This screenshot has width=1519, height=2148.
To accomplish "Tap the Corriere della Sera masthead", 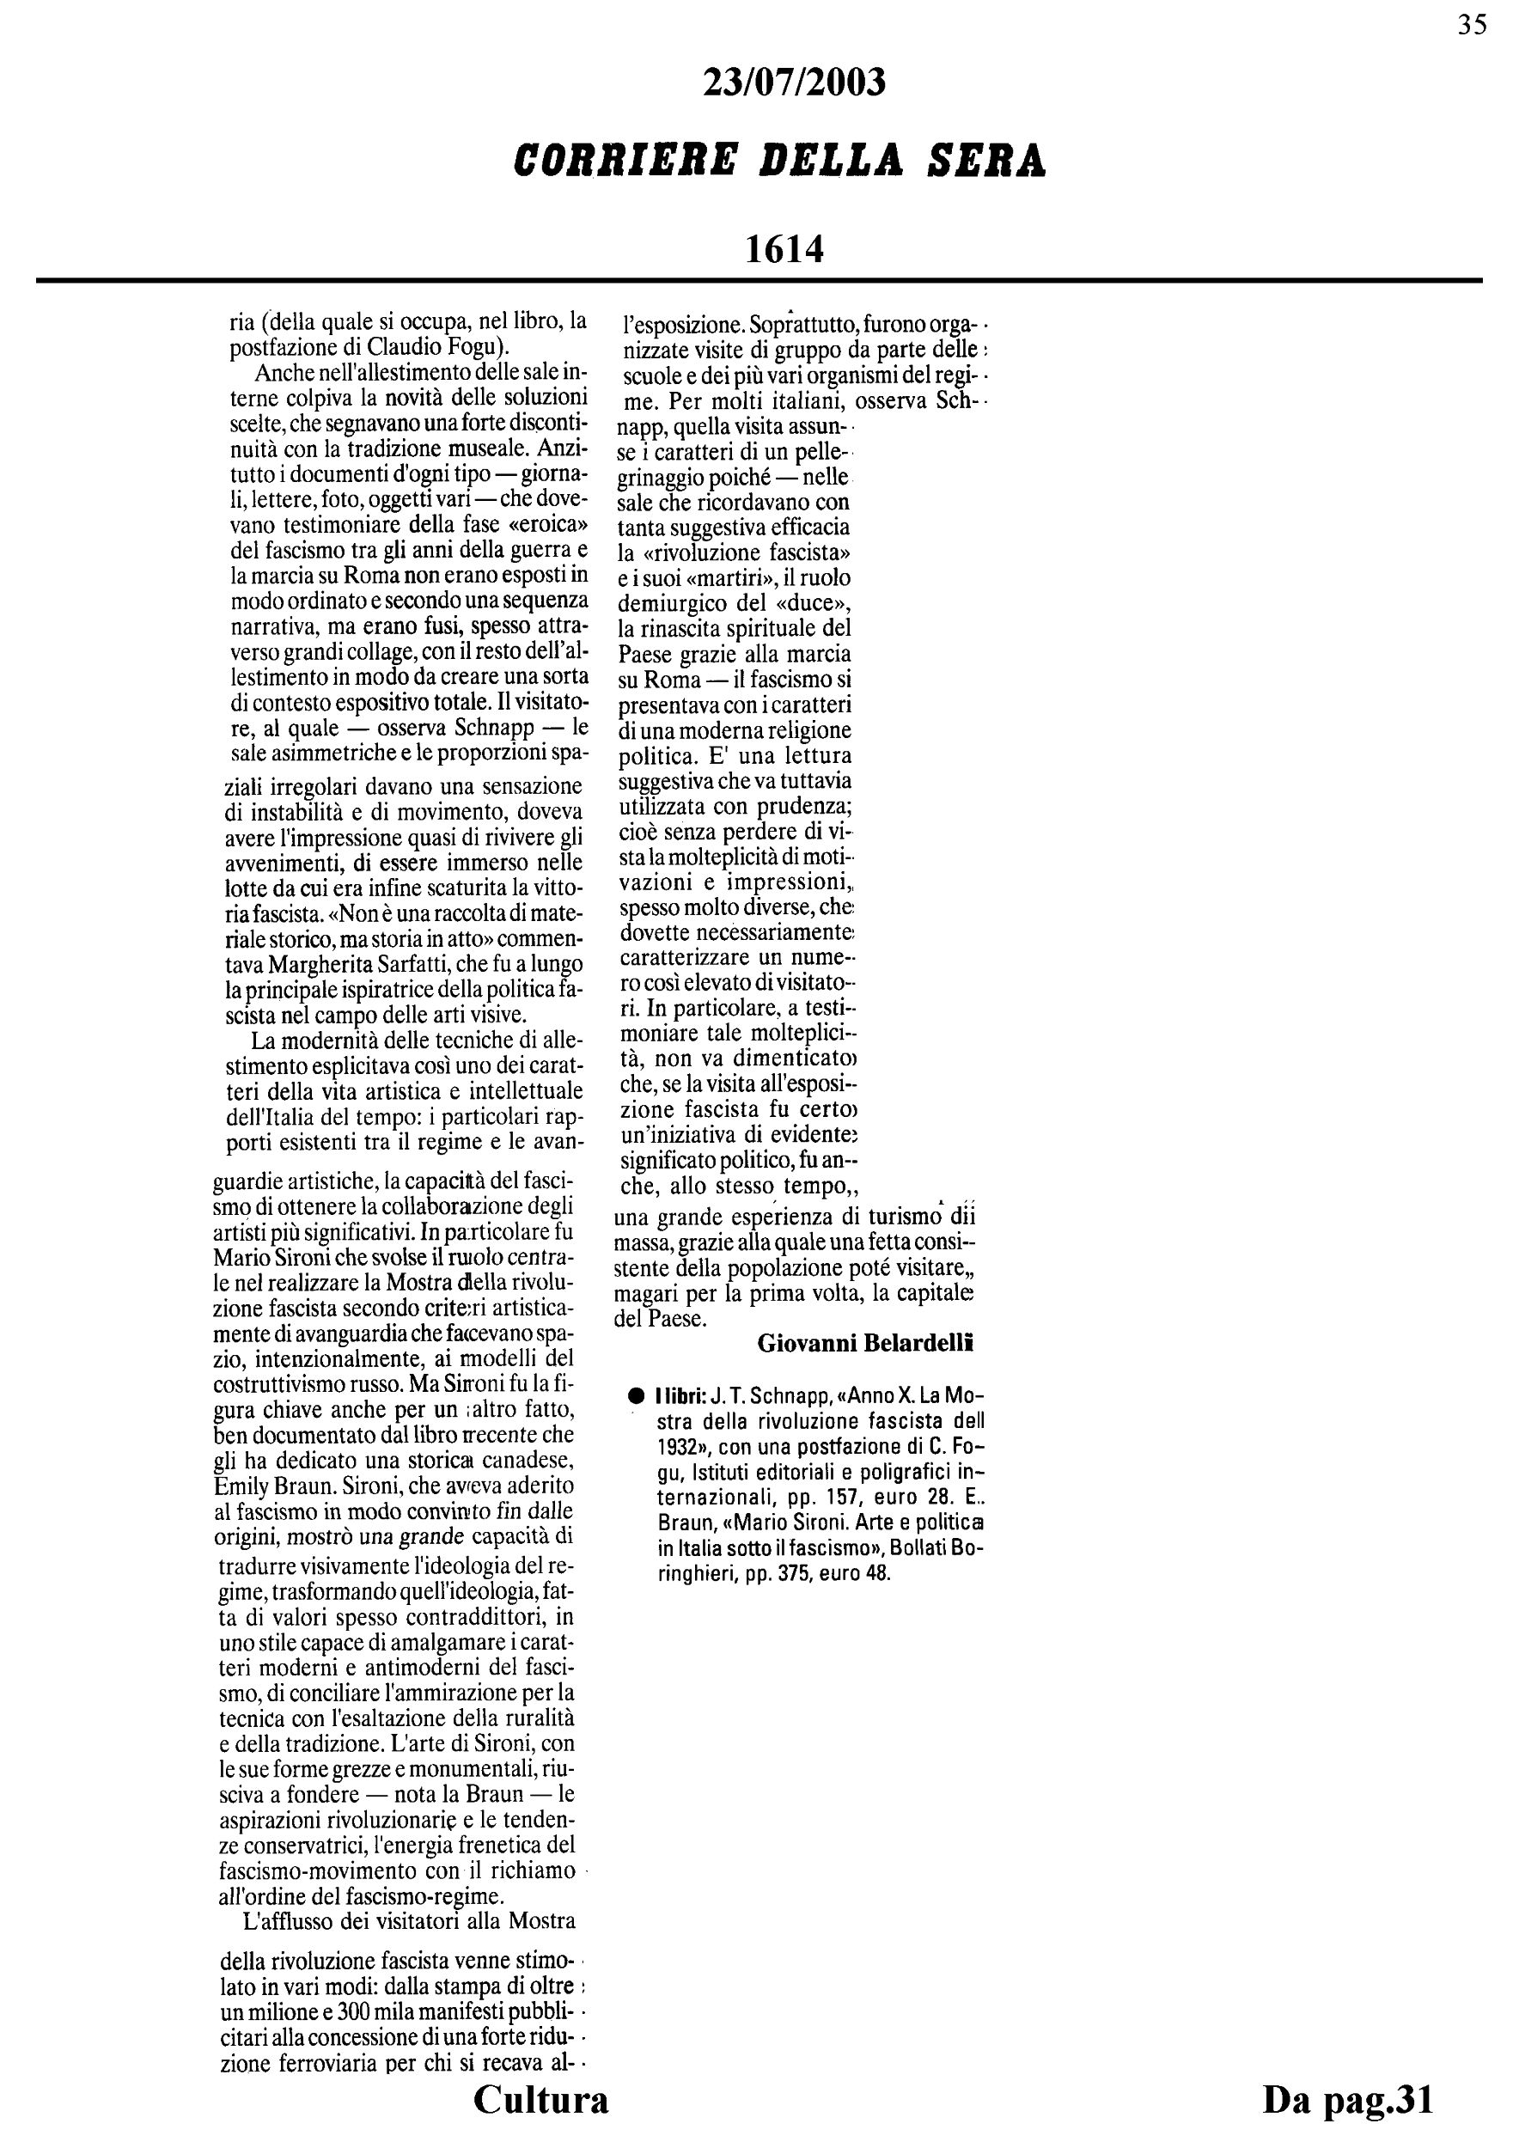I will click(780, 160).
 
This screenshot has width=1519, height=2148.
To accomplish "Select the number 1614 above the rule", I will click(784, 249).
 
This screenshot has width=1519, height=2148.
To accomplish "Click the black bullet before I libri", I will click(635, 1396).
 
